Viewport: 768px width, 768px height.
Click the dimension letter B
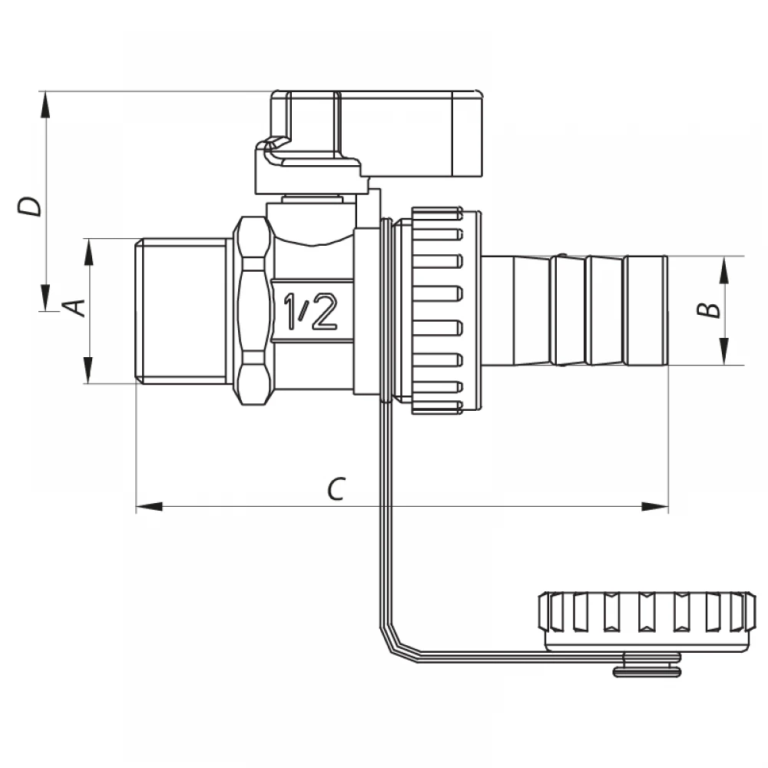pyautogui.click(x=709, y=310)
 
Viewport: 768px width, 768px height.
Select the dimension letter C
pyautogui.click(x=336, y=488)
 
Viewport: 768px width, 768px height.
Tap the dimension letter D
pyautogui.click(x=29, y=206)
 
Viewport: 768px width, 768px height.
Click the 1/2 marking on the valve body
pyautogui.click(x=311, y=310)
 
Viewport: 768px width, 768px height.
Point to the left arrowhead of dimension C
pyautogui.click(x=149, y=506)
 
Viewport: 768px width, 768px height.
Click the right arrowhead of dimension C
pyautogui.click(x=655, y=506)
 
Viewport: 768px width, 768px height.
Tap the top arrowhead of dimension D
pyautogui.click(x=45, y=104)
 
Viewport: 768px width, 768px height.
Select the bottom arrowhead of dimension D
pyautogui.click(x=45, y=298)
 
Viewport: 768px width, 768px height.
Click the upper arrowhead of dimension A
pyautogui.click(x=88, y=252)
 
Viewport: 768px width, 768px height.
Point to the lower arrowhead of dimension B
pyautogui.click(x=725, y=352)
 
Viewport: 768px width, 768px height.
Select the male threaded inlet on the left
pyautogui.click(x=180, y=310)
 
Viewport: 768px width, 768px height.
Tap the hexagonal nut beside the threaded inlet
pyautogui.click(x=252, y=310)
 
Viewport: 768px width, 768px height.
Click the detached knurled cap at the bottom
pyautogui.click(x=647, y=621)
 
